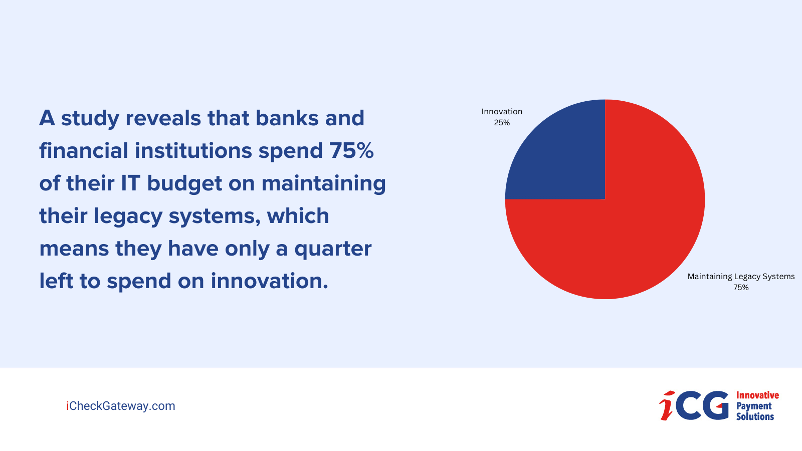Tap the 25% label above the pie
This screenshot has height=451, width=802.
(x=502, y=123)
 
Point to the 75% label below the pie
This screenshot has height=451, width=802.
(x=741, y=288)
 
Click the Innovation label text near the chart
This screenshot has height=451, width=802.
(x=502, y=112)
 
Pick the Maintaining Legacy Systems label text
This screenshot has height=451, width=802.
(x=741, y=277)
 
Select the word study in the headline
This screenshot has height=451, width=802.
(x=90, y=119)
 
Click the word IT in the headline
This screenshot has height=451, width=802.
(x=130, y=183)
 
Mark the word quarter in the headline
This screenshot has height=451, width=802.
(x=333, y=249)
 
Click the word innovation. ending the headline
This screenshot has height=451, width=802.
(x=269, y=281)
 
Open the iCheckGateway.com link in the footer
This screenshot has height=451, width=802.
(x=121, y=406)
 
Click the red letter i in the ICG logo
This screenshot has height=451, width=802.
(x=667, y=406)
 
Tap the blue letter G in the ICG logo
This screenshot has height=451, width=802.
(x=715, y=405)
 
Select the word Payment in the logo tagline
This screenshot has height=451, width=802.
(x=754, y=406)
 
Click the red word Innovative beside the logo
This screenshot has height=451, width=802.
(x=757, y=395)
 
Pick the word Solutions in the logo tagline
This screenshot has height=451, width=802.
(x=755, y=416)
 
